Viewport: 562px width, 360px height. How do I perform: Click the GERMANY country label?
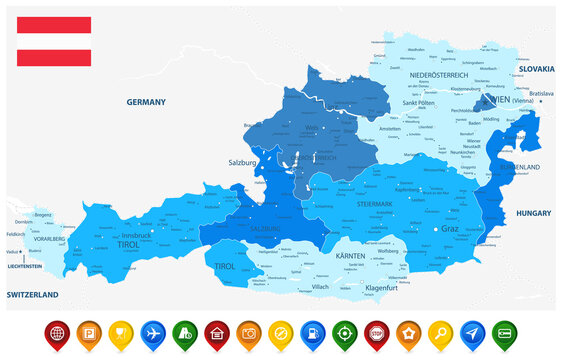[145, 102]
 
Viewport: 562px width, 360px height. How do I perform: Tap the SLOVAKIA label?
[536, 68]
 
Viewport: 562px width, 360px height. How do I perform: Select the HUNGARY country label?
[533, 213]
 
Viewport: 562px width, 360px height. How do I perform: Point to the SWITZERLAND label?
[32, 294]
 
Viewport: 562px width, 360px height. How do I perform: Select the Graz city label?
[450, 229]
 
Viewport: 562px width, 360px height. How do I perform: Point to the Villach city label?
[320, 286]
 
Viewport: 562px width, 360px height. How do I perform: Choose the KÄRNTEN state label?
[350, 256]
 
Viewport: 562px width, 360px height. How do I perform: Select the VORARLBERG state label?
[46, 240]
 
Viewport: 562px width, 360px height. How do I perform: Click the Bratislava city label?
[541, 93]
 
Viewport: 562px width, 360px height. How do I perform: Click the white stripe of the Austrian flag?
[54, 41]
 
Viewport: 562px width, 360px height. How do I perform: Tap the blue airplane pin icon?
[153, 332]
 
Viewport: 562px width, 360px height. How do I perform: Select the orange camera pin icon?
[247, 332]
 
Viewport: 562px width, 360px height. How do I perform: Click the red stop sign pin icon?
[375, 332]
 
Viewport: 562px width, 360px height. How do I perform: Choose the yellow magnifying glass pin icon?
[439, 332]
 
